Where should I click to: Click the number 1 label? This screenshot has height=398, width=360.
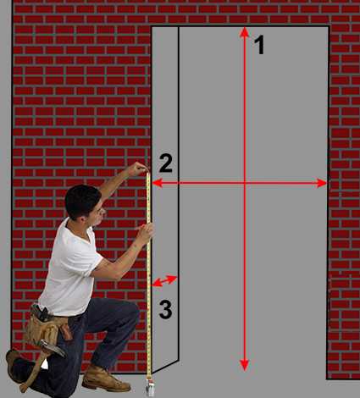pos(260,45)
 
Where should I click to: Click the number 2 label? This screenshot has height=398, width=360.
pos(166,163)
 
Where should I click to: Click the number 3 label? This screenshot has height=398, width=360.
pos(165,310)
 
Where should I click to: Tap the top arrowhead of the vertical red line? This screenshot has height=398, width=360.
pos(245,32)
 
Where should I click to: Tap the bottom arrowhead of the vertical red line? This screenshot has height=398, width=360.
pos(245,365)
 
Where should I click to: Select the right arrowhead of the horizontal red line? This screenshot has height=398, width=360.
pos(322,183)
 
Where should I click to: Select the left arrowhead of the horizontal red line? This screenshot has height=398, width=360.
pos(158,183)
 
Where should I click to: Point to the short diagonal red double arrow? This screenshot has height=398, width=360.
pos(164,281)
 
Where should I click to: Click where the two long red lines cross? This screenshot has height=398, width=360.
pos(245,183)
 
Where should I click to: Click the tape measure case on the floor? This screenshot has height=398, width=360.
pos(150,389)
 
